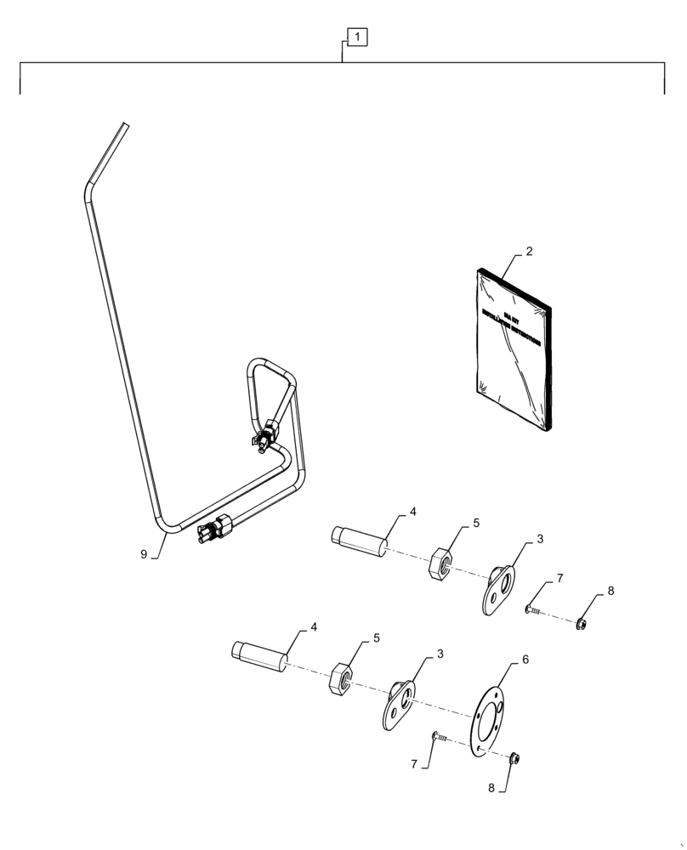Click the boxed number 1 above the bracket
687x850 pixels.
tap(358, 37)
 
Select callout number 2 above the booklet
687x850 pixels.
tap(529, 252)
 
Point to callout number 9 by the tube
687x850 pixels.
tap(144, 554)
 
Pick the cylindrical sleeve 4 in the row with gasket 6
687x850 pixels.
tap(258, 656)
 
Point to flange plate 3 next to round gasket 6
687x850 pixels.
tap(398, 705)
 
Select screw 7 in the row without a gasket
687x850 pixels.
tap(536, 609)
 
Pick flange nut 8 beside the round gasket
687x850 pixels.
tap(515, 758)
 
